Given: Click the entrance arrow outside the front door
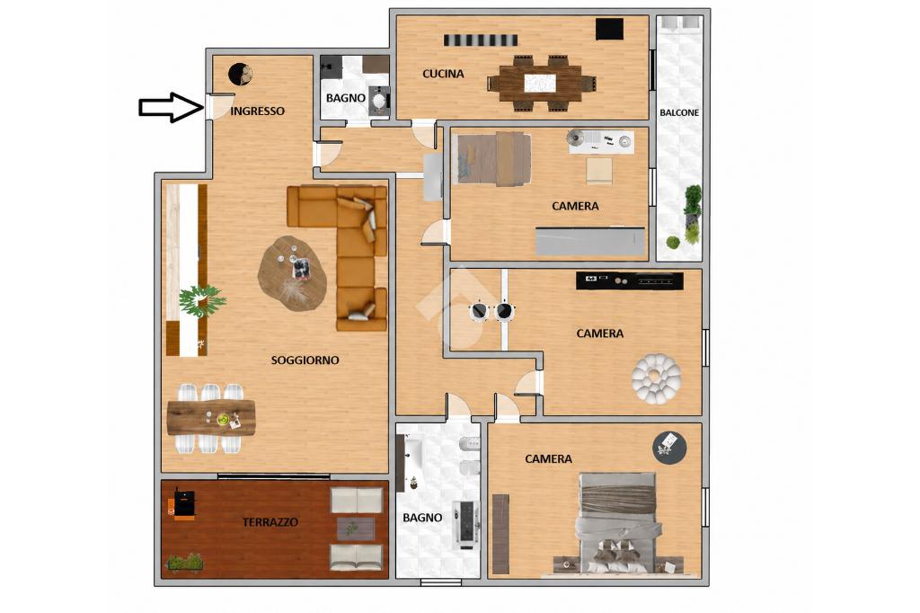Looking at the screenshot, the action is pos(171,108).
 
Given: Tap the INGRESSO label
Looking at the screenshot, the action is pos(257,111).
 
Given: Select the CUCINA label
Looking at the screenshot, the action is pos(443,74).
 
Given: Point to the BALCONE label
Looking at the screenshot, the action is pos(679,112).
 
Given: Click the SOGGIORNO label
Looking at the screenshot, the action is pos(305,360).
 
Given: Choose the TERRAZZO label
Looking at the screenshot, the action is pos(270,522).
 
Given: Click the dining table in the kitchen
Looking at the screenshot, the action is pos(541,83).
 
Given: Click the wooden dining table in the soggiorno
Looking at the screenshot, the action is pos(210,418).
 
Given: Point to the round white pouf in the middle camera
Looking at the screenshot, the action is pos(657,378).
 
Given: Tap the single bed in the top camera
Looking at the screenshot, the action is pos(494,158).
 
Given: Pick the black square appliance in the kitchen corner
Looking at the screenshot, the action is pos(610,29).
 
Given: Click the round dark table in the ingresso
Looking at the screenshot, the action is pos(241,75).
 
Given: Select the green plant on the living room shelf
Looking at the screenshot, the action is pos(201,300).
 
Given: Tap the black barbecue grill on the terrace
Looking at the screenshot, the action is pos(182,503).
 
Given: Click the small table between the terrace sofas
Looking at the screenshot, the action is pos(356,529).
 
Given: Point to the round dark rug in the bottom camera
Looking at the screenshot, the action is pos(669,448).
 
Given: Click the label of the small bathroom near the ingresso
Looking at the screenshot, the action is pos(346,98).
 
